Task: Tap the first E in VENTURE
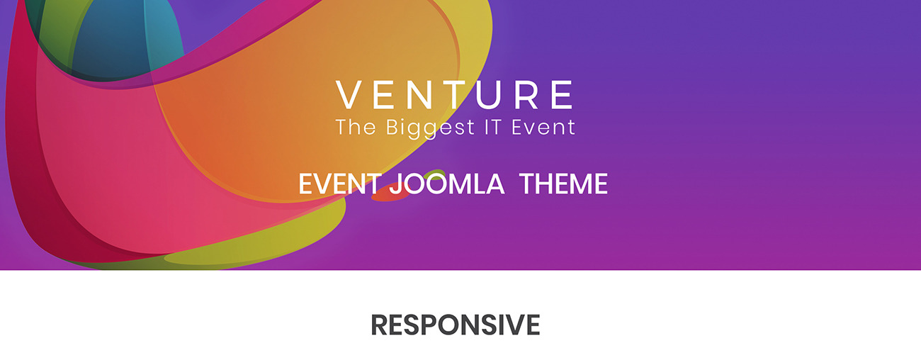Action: tap(384, 95)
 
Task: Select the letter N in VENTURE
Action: tap(420, 95)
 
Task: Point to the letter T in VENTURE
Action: tap(456, 95)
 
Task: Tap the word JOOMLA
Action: tap(446, 184)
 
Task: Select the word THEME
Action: tap(563, 184)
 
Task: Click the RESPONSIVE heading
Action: tap(455, 325)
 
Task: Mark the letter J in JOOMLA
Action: tap(395, 184)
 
